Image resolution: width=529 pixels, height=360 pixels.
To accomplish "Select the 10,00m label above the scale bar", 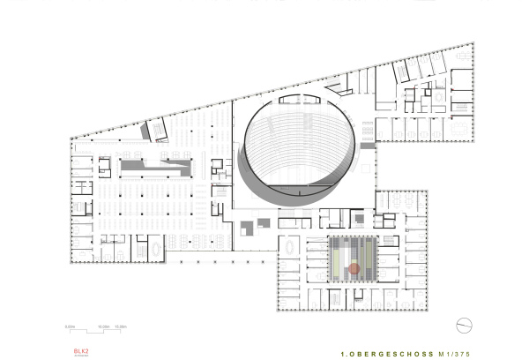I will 104,326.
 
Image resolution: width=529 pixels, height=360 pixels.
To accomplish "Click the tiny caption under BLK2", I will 82,354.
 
